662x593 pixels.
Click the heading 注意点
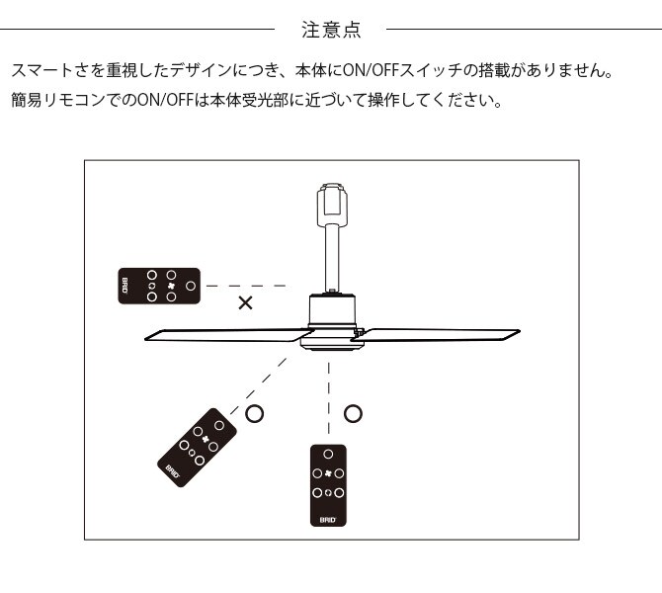pos(330,29)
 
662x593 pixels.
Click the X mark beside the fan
pos(245,303)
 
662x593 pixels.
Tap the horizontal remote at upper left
pos(158,286)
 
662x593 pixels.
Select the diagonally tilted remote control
pos(198,449)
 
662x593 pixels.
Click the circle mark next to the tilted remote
pos(254,413)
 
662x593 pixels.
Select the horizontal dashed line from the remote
pos(247,286)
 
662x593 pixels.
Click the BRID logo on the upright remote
pos(329,517)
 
